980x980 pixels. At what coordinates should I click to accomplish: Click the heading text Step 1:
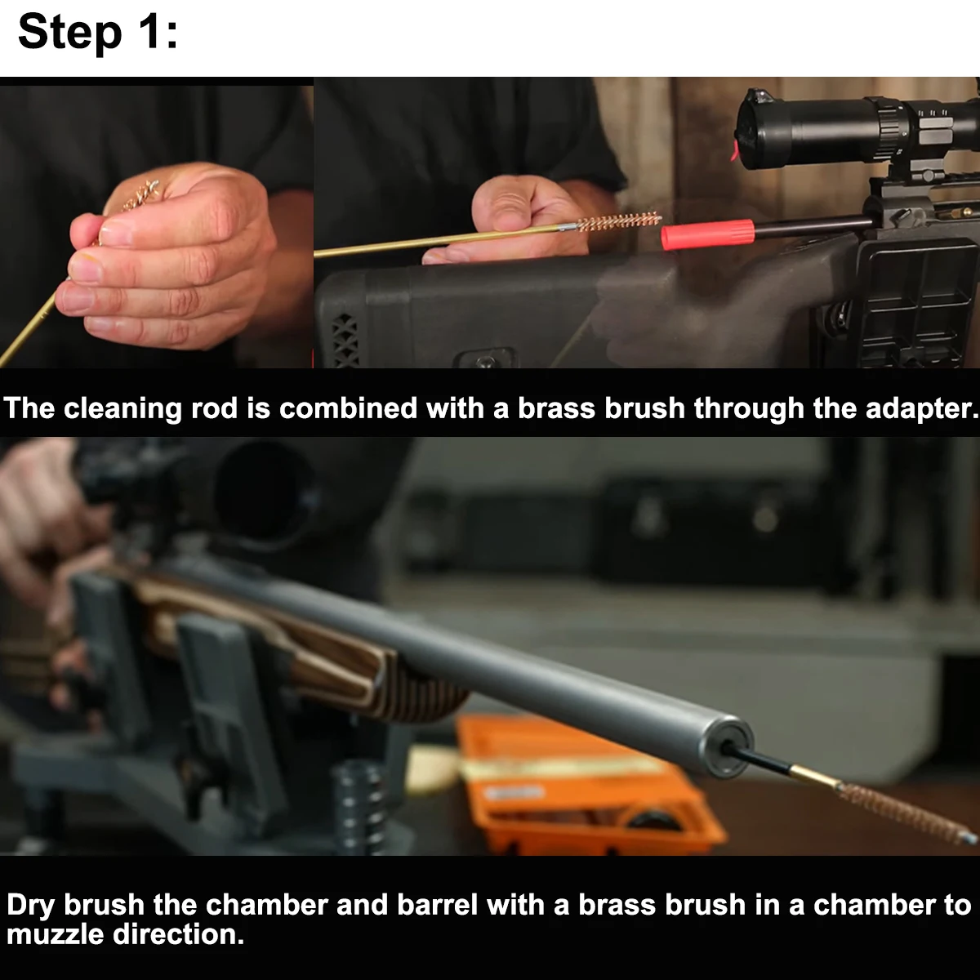click(98, 33)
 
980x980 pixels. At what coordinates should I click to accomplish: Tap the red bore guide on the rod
click(707, 234)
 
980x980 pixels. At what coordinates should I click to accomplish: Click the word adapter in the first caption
click(920, 409)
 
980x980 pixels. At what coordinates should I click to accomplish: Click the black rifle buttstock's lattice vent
click(345, 338)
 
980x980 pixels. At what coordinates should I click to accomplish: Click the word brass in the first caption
click(556, 409)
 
